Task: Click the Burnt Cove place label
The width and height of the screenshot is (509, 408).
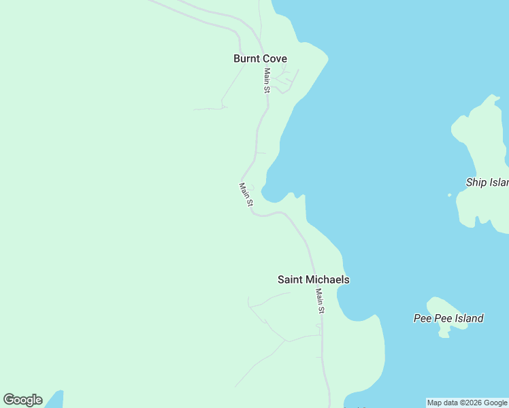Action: coord(260,58)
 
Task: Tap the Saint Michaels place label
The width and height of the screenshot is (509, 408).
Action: coord(313,279)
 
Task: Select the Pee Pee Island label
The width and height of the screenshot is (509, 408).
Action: coord(448,318)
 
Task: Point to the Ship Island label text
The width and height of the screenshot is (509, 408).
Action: coord(487,182)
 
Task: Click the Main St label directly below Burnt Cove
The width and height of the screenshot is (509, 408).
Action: coord(267,80)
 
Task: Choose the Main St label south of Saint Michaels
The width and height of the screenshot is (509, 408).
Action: coord(320,301)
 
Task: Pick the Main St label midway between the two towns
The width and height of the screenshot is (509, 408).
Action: coord(246,194)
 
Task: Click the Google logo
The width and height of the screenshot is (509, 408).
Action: coord(22,400)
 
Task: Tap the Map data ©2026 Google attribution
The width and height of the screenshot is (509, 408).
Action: coord(467,403)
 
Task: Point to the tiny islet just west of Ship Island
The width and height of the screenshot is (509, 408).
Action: coord(449,195)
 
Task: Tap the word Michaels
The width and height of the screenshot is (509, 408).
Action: coord(327,279)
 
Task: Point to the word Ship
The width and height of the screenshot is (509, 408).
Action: coord(476,182)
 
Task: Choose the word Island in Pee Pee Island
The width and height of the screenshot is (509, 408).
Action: coord(467,318)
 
